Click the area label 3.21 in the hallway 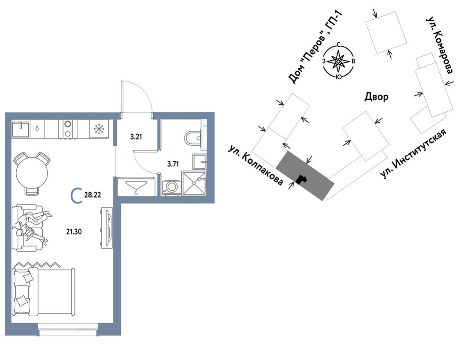(136, 137)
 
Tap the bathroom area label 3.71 (173, 164)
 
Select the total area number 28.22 (92, 195)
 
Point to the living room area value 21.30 (74, 232)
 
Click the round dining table (32, 174)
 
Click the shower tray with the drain (194, 183)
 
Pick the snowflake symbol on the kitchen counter (99, 129)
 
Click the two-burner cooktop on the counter (68, 129)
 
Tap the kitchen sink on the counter (20, 129)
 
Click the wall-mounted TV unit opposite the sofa (107, 228)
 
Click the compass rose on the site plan (338, 61)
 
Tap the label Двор (376, 97)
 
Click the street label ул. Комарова (440, 45)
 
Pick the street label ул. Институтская (413, 154)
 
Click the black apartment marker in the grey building (301, 179)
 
